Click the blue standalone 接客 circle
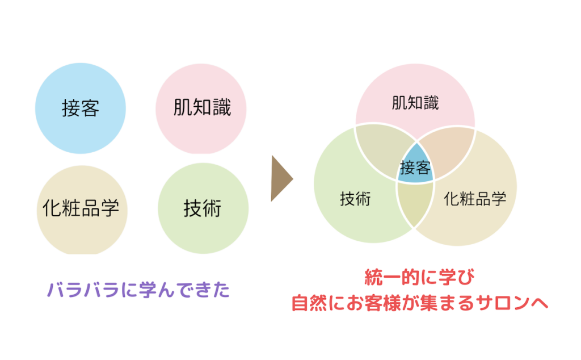coord(81,108)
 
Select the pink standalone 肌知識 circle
coord(201,108)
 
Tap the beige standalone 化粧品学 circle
coord(82,210)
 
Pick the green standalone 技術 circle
coord(203,208)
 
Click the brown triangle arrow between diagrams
coord(281,178)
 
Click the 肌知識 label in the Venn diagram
coord(415,103)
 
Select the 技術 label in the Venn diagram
coord(355,199)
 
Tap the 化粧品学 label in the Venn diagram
coord(475,199)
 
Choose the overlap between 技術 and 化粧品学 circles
coord(415,202)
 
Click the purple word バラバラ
coord(83,290)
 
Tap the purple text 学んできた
coord(184,290)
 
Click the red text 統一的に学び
coord(419,277)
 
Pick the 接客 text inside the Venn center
coord(415,168)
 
